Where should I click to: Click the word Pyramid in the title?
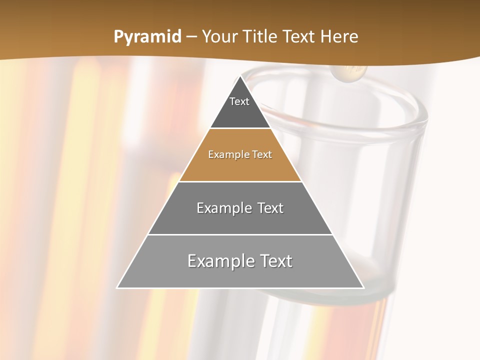tap(147, 37)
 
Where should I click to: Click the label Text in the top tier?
tap(239, 101)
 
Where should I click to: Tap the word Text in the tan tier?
tap(262, 154)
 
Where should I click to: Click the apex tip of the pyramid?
tap(240, 76)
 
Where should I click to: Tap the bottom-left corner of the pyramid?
tap(117, 287)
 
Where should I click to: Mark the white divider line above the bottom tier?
tap(240, 234)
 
